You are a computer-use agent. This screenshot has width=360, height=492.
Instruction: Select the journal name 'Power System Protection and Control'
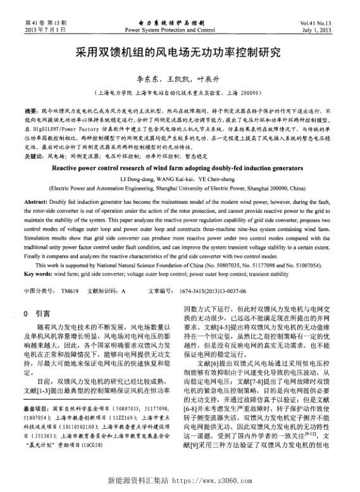click(170, 30)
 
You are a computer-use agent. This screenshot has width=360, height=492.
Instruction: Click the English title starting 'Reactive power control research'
click(180, 170)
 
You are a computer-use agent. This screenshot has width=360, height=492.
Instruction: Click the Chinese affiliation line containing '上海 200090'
click(180, 92)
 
